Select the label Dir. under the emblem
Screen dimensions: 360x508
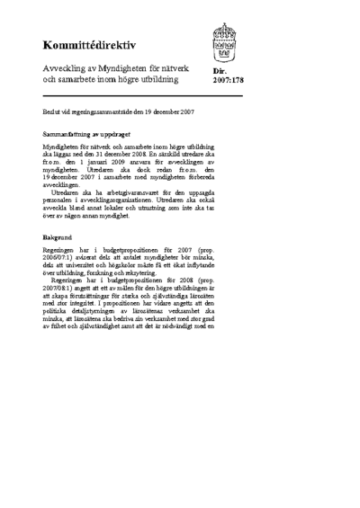[219, 71]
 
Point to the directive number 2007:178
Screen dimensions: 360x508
[229, 80]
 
